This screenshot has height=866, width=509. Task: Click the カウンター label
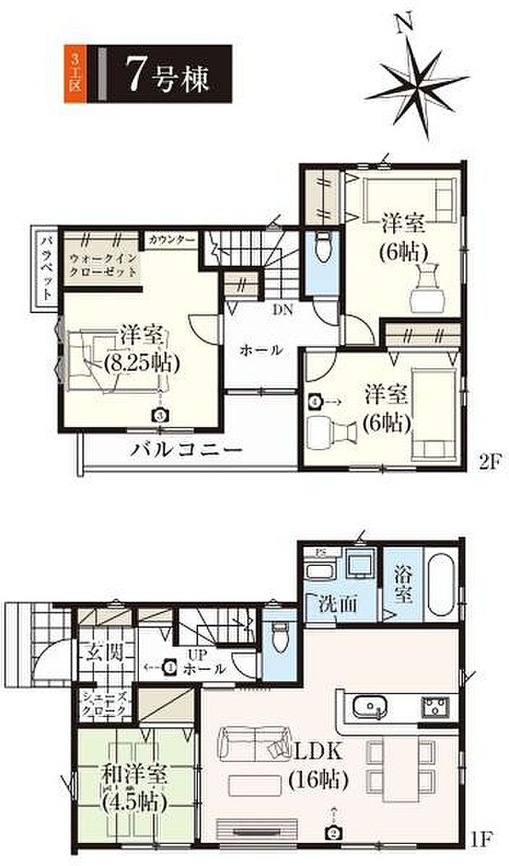(x=172, y=239)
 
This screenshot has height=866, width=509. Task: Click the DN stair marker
(x=282, y=311)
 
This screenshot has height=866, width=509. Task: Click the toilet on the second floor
(x=322, y=246)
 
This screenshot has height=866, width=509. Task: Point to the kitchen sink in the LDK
(x=368, y=705)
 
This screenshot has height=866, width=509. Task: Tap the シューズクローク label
(x=103, y=704)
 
